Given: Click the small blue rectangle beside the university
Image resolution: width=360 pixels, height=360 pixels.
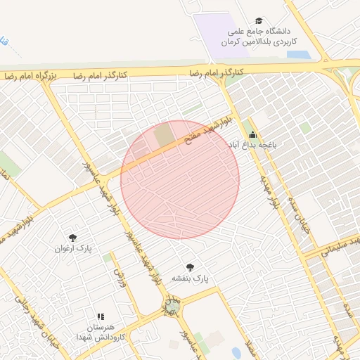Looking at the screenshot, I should pos(298,54).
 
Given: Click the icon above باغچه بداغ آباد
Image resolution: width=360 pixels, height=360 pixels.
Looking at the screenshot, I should pos(252,134).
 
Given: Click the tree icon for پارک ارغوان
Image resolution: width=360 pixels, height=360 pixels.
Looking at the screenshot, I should pos(72,238).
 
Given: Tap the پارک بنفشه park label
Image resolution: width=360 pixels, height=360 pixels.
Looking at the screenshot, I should pos(191,278).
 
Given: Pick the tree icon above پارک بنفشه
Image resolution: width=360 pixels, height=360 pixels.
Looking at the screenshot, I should pos(190,267).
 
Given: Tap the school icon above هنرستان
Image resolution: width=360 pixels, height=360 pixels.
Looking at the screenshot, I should pos(101,317).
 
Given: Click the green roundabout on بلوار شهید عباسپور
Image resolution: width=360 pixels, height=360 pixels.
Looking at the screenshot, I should pos(169,306).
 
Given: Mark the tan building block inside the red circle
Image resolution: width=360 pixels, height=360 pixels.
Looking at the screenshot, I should pos(164,135).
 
